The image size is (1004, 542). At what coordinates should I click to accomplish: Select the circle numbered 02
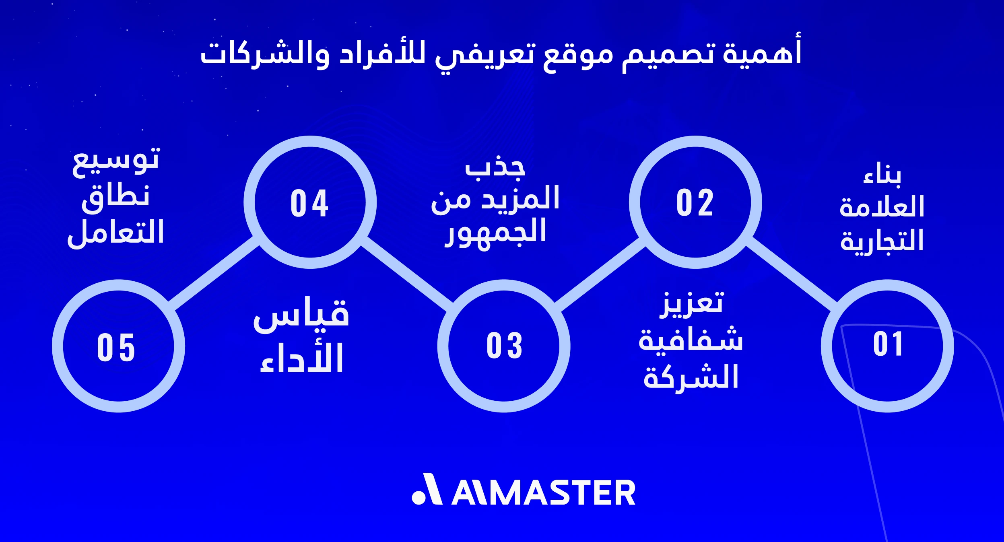[x=695, y=202]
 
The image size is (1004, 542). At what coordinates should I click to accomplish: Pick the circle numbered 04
[x=310, y=202]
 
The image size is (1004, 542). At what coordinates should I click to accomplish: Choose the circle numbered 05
[x=118, y=346]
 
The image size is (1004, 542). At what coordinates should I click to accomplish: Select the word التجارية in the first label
[x=882, y=241]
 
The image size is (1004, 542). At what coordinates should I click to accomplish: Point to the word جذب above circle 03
[x=495, y=167]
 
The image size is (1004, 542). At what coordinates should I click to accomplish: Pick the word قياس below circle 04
[x=301, y=315]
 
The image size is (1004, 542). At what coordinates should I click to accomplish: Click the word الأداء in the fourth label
[x=302, y=358]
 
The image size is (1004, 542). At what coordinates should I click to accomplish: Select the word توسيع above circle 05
[x=116, y=161]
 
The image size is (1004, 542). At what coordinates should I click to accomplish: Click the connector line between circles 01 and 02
[x=791, y=274]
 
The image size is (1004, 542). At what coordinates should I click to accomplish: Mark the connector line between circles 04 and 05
[x=213, y=274]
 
